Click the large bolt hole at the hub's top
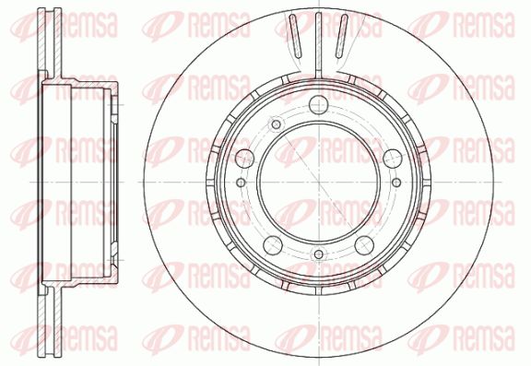(319, 104)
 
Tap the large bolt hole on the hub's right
(393, 159)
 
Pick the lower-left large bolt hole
(273, 245)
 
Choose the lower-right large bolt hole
(364, 245)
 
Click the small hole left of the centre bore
(241, 183)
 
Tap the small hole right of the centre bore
(396, 183)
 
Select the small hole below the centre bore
(319, 254)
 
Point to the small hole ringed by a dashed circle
(276, 124)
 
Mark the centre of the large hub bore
(319, 183)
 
